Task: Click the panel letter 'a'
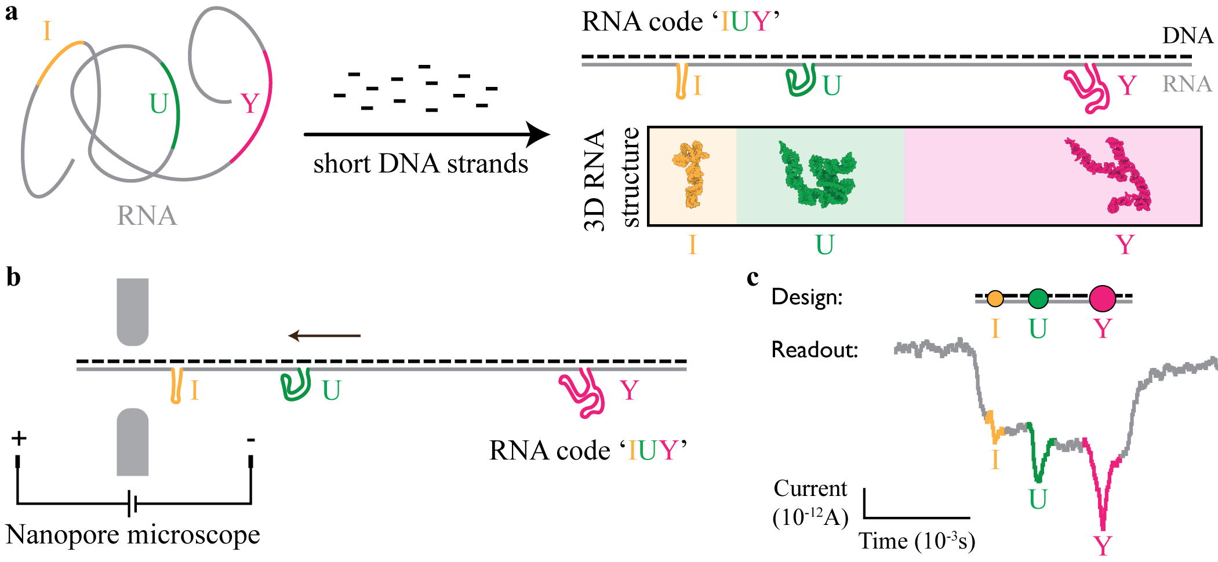[x=12, y=13]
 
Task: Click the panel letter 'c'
[x=752, y=278]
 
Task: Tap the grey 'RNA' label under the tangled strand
[x=147, y=216]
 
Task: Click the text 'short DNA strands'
[x=420, y=164]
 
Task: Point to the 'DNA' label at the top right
[x=1187, y=36]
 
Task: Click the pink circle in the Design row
[x=1102, y=298]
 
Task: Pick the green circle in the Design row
[x=1038, y=298]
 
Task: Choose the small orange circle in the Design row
[x=995, y=298]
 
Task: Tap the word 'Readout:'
[x=814, y=350]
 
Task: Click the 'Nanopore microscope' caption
[x=133, y=535]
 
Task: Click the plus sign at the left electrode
[x=19, y=438]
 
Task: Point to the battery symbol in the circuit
[x=132, y=503]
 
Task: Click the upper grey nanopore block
[x=133, y=311]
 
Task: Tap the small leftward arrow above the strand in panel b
[x=325, y=335]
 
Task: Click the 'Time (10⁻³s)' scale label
[x=917, y=541]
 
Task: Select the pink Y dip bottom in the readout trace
[x=1103, y=524]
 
